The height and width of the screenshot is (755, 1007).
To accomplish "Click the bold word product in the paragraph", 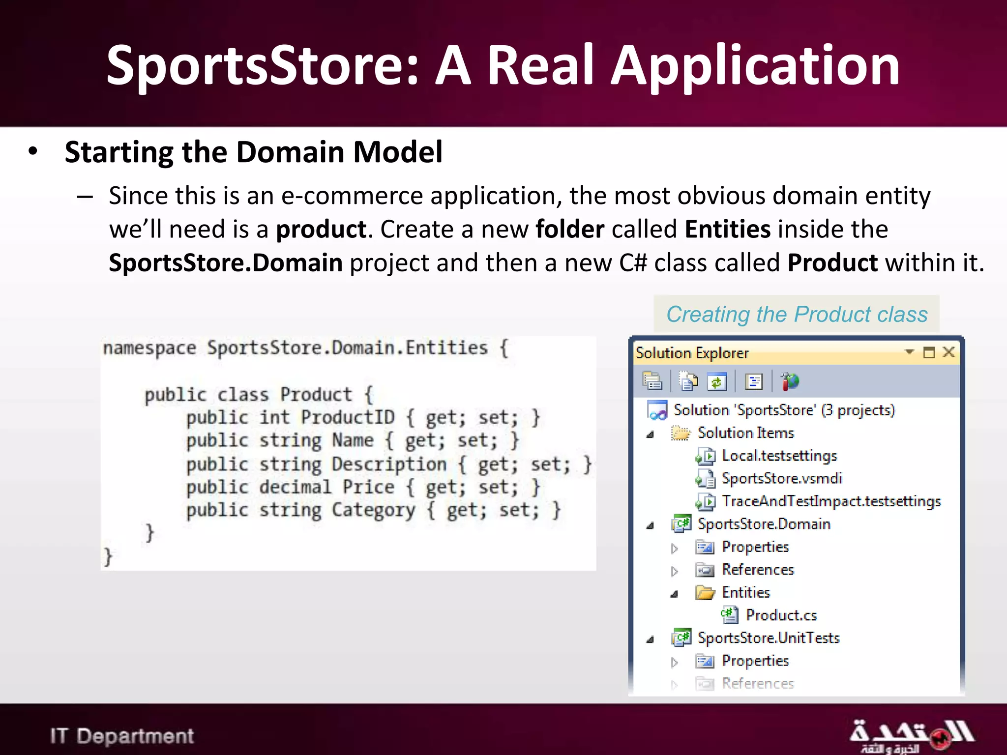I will (x=321, y=230).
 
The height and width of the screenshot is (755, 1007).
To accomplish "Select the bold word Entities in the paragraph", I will (x=727, y=230).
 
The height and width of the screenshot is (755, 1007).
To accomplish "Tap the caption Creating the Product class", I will (x=797, y=314).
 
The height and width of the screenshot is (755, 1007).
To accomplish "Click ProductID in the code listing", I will (x=348, y=417).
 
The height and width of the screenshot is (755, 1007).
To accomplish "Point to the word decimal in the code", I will (x=295, y=487).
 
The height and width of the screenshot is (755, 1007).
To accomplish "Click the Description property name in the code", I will (x=388, y=464).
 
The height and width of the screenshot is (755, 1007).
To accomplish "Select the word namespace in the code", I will (x=149, y=348).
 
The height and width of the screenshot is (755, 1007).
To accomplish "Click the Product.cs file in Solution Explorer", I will (x=781, y=615).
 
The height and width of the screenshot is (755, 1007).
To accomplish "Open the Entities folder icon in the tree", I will (x=705, y=593).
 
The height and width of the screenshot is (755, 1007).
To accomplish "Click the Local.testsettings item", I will (x=779, y=456).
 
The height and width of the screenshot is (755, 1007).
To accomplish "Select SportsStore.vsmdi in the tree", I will (x=781, y=478).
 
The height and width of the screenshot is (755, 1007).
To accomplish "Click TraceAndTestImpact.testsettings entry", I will (x=831, y=501).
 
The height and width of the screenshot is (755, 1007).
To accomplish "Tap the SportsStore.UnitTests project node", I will (x=768, y=638).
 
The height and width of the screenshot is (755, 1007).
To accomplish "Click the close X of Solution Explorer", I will (x=948, y=352).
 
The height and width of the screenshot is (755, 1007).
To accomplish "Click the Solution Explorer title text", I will (x=692, y=353).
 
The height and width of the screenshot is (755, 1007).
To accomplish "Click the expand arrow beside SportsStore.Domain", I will (x=650, y=525).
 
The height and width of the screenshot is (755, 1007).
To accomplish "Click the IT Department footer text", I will (x=122, y=736).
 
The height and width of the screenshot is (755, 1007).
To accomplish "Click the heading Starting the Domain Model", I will (x=253, y=152).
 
